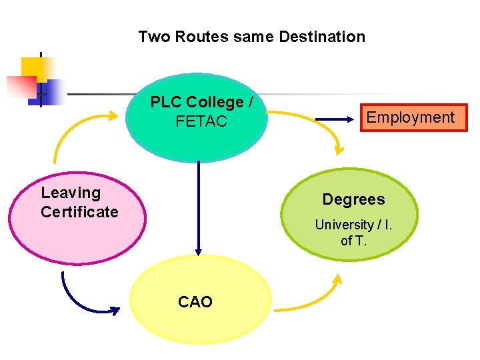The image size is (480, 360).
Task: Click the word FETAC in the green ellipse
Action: click(x=201, y=121)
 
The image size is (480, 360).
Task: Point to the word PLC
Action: click(x=166, y=102)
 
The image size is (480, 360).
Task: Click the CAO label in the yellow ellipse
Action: click(x=195, y=302)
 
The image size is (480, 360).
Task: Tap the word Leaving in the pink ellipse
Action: click(x=71, y=193)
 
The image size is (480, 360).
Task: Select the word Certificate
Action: click(x=79, y=212)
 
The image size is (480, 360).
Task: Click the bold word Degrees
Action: click(x=353, y=199)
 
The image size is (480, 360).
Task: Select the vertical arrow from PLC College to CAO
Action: click(x=198, y=207)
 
